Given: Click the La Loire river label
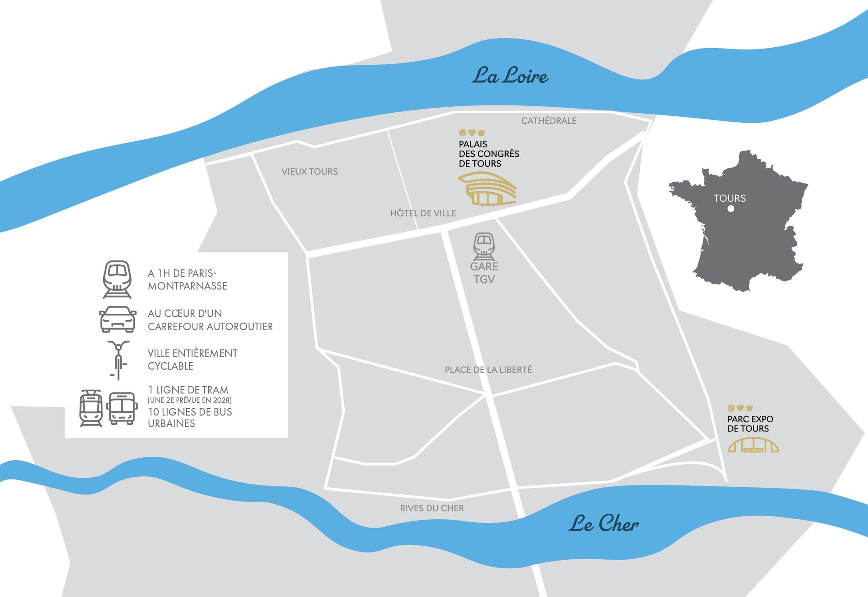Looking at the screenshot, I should coord(510,75).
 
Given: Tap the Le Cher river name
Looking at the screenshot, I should coord(604,523).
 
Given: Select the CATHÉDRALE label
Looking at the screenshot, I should coord(549,121).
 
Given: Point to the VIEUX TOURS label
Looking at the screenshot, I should coord(309,171).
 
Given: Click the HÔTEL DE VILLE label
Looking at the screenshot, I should coord(423,213).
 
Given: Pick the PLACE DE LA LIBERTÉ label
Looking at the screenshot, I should coord(488,370).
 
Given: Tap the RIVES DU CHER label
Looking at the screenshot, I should coord(432,508).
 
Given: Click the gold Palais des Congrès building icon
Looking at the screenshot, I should coord(487,189).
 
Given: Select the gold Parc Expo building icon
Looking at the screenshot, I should coord(753,445).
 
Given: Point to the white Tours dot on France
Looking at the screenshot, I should coord(731,209).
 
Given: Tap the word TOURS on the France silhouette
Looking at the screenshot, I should coord(730,198).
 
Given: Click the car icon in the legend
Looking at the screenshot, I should coord(118,319).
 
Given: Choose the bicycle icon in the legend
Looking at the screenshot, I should coord(118,360).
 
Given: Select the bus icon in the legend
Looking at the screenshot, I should coord(122,408).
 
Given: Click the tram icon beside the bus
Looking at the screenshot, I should coord(91,408).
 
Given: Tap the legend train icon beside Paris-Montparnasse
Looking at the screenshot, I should coord(117,279).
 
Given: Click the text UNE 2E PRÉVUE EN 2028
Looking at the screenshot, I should coord(190,400).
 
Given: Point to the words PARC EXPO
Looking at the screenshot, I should coord(750,419).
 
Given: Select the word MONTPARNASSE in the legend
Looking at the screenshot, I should coord(187,286).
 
